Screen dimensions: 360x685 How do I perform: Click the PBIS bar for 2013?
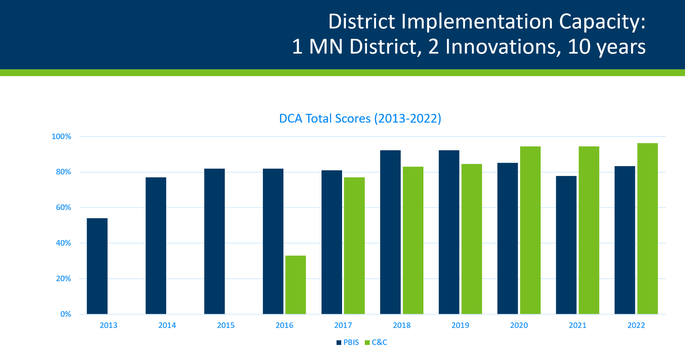pos(97,266)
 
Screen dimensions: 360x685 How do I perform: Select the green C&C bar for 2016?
pos(295,285)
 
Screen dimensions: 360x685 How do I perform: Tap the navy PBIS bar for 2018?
pos(390,232)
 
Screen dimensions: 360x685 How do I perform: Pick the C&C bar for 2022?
pos(647,229)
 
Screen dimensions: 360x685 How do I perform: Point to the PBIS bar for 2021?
pos(566,245)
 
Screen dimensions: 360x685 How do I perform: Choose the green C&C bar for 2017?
pos(354,246)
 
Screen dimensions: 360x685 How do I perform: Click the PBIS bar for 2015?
pos(214,241)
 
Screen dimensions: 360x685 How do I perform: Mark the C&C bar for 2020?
pos(530,230)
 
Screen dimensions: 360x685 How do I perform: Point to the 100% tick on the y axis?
pos(62,137)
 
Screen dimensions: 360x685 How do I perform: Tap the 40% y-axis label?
pos(63,243)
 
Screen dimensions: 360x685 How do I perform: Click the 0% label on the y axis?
pos(66,314)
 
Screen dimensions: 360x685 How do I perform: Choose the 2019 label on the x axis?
pos(460,325)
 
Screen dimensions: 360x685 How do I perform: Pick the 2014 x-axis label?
pos(167,325)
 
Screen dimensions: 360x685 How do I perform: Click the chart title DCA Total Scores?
pos(360,119)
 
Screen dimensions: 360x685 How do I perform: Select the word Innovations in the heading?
pos(503,47)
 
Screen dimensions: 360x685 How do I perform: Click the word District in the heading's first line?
pos(362,22)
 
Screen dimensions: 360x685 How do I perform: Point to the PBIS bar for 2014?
pos(156,246)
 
